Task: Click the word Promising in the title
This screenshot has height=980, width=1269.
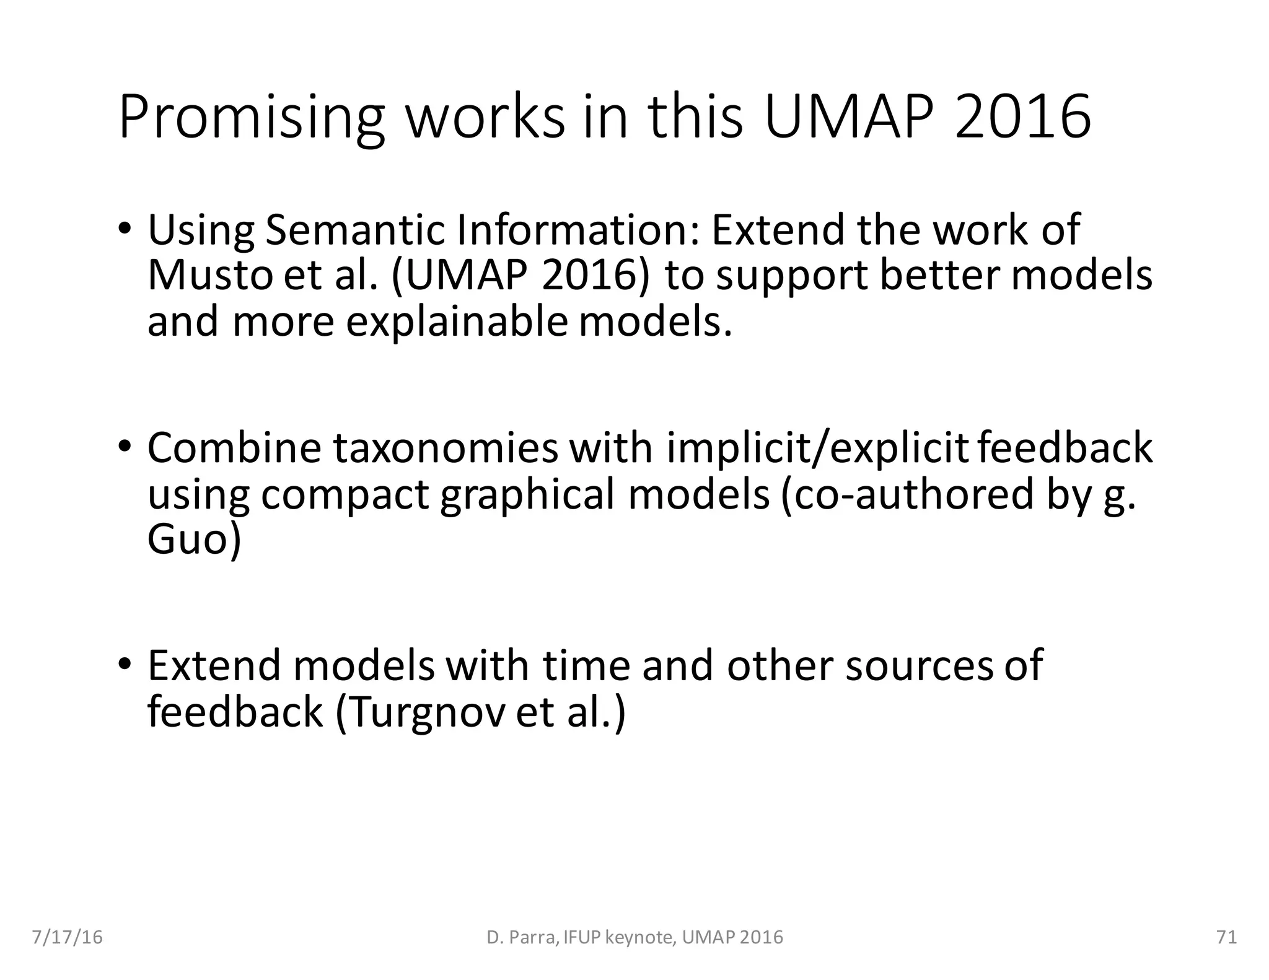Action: [252, 118]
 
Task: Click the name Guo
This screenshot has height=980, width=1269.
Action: [193, 540]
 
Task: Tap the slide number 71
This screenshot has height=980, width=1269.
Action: [1227, 937]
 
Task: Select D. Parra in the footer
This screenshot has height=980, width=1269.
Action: [522, 937]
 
